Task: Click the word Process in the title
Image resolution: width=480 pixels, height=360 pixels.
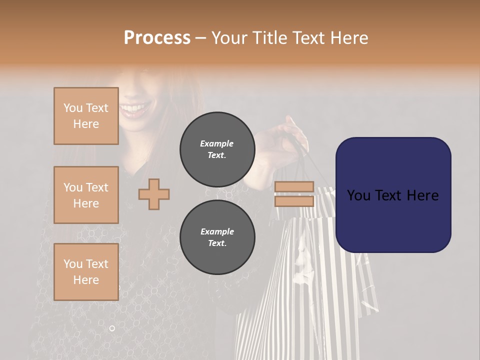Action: pos(157,38)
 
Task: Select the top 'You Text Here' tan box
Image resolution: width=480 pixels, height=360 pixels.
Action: pos(86,116)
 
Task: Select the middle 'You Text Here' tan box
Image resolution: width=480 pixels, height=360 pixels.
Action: pos(86,195)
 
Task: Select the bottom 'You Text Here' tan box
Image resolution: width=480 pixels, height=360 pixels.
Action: pos(86,272)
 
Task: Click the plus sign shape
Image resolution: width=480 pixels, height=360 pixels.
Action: pos(154,193)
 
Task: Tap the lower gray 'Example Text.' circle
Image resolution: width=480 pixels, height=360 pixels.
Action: pos(217,237)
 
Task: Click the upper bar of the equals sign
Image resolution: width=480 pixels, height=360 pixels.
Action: pos(294,186)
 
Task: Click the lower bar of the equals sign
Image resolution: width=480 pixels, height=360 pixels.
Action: pos(294,201)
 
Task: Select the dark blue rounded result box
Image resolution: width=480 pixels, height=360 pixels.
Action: pos(393,194)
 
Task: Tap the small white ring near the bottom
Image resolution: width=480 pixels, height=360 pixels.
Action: pos(112,328)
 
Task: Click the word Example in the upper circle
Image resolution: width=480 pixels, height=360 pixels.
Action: pos(217,143)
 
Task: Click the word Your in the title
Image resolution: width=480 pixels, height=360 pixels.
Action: pos(229,38)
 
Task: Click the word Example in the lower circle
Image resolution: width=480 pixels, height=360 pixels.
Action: pos(217,231)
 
